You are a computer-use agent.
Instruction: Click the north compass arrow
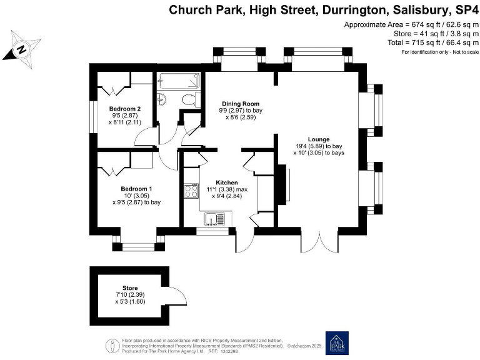tap(22, 48)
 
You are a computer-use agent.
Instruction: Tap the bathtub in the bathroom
tap(179, 81)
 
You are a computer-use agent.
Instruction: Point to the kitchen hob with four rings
tap(190, 192)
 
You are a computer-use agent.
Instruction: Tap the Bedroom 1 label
tap(136, 188)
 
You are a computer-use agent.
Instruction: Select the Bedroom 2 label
tap(119, 109)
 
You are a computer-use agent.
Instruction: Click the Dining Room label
tap(239, 104)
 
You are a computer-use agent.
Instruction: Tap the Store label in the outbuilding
tap(130, 288)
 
